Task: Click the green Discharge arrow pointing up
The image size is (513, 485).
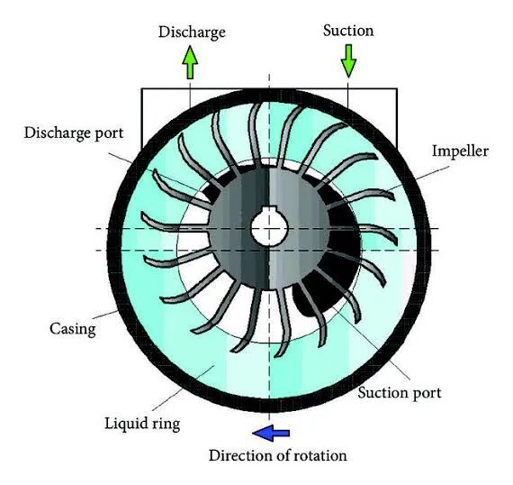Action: (190, 62)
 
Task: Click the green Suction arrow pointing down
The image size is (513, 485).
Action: (348, 61)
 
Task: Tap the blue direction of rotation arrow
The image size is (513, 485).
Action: (271, 434)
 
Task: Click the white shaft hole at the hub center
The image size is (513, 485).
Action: (269, 227)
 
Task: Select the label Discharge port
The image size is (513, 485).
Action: (74, 133)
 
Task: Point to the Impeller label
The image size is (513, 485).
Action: (460, 151)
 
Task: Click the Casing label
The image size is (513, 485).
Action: (73, 328)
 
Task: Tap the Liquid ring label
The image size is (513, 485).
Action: (142, 424)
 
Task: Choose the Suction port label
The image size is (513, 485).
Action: (399, 392)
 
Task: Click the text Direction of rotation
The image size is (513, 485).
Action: (278, 455)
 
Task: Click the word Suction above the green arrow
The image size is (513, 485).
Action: (348, 31)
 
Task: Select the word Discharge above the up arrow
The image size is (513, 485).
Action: (192, 32)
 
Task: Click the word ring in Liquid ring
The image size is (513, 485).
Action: (166, 424)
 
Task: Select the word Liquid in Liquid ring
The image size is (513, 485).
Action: (126, 424)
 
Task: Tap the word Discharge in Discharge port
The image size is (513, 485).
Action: (58, 133)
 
